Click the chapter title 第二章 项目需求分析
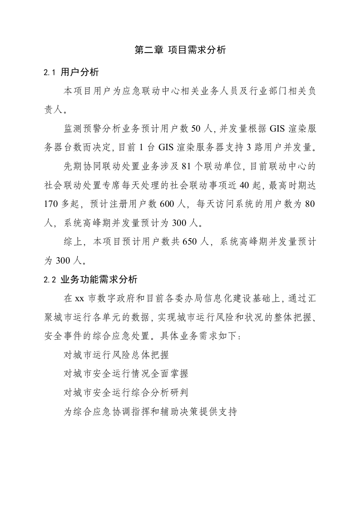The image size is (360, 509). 180,50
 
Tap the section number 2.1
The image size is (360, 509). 49,73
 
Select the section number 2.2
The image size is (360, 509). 49,279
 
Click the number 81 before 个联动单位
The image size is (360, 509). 187,167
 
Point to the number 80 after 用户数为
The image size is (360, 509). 310,204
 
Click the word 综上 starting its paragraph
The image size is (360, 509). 73,242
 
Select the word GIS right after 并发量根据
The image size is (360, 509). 277,129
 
